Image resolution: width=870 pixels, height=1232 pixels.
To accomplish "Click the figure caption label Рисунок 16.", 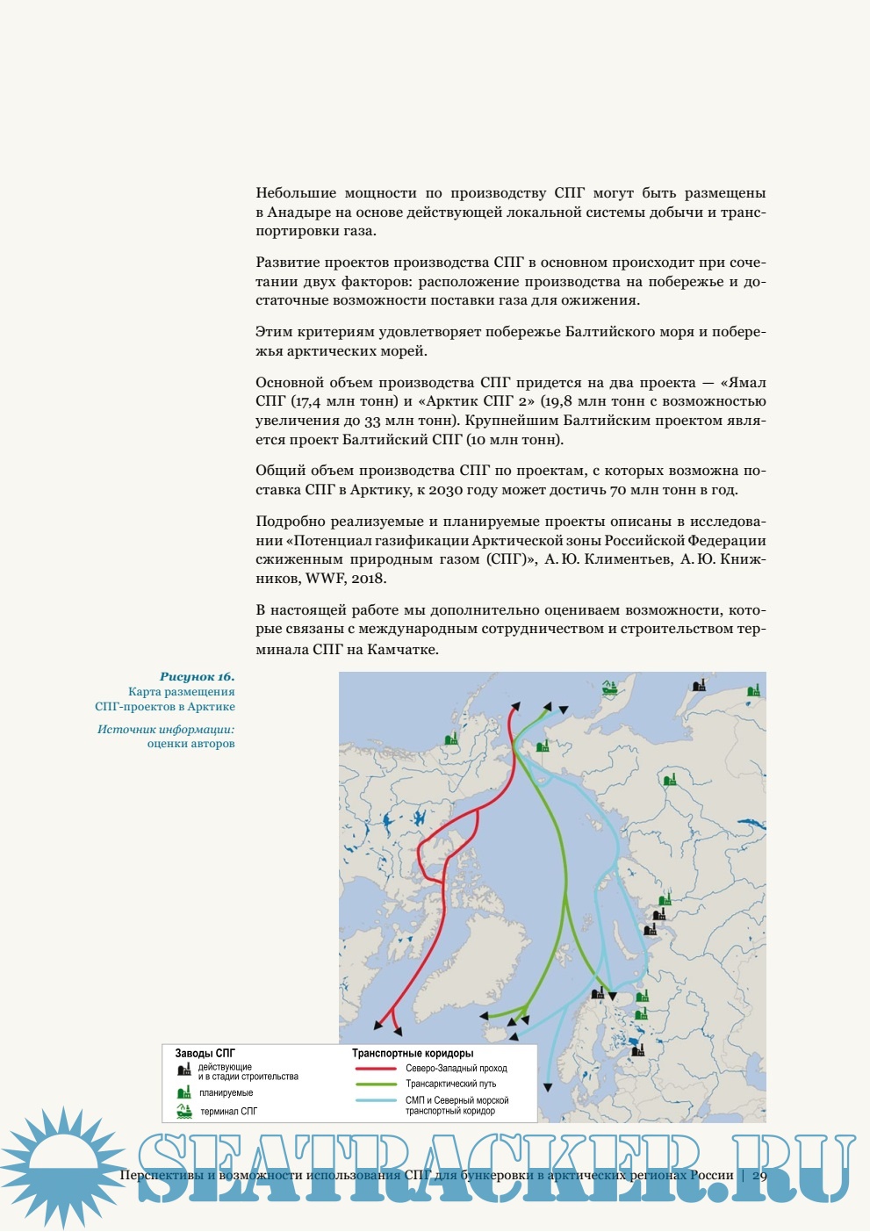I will [197, 677].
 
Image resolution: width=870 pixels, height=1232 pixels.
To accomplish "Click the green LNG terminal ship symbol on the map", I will [610, 689].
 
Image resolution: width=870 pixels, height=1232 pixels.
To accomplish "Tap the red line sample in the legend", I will [376, 1069].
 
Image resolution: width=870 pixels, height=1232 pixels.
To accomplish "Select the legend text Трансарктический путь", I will [450, 1084].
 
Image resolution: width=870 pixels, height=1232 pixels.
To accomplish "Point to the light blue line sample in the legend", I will [376, 1100].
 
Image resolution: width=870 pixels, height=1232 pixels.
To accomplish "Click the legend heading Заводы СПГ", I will [205, 1053].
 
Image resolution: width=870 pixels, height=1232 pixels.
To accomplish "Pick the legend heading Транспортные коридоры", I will [413, 1053].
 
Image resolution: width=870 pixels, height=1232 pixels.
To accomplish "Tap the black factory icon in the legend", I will [184, 1070].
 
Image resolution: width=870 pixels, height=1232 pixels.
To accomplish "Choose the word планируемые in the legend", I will [226, 1093].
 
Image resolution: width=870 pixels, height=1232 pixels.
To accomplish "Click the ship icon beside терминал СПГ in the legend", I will [184, 1111].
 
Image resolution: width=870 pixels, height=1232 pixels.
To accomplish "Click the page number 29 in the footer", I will [759, 1175].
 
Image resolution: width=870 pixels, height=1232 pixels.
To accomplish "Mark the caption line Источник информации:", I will [166, 729].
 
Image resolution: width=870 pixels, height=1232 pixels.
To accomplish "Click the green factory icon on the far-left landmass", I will [451, 738].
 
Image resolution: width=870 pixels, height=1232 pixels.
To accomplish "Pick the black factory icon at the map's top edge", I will [699, 685].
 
